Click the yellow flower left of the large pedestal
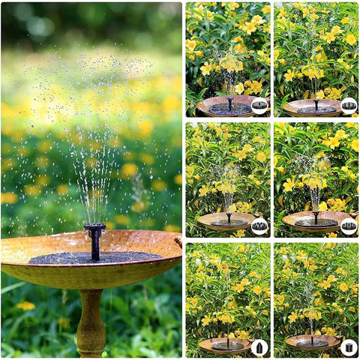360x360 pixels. pos(25,306)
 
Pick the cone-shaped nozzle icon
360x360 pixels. pos(259,347)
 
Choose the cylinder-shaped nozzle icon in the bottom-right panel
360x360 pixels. pos(349,347)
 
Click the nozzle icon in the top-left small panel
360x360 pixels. pos(259,105)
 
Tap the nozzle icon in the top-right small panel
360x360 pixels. pos(349,105)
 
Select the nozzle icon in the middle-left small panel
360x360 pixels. pos(259,226)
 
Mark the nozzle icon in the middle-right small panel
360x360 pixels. pos(349,226)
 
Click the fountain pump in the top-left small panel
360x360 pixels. pos(229,103)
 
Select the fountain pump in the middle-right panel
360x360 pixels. pos(316,217)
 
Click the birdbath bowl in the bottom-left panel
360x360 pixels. pos(223,344)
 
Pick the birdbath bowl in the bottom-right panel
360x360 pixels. pos(310,343)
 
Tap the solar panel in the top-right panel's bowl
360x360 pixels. pos(315,109)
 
